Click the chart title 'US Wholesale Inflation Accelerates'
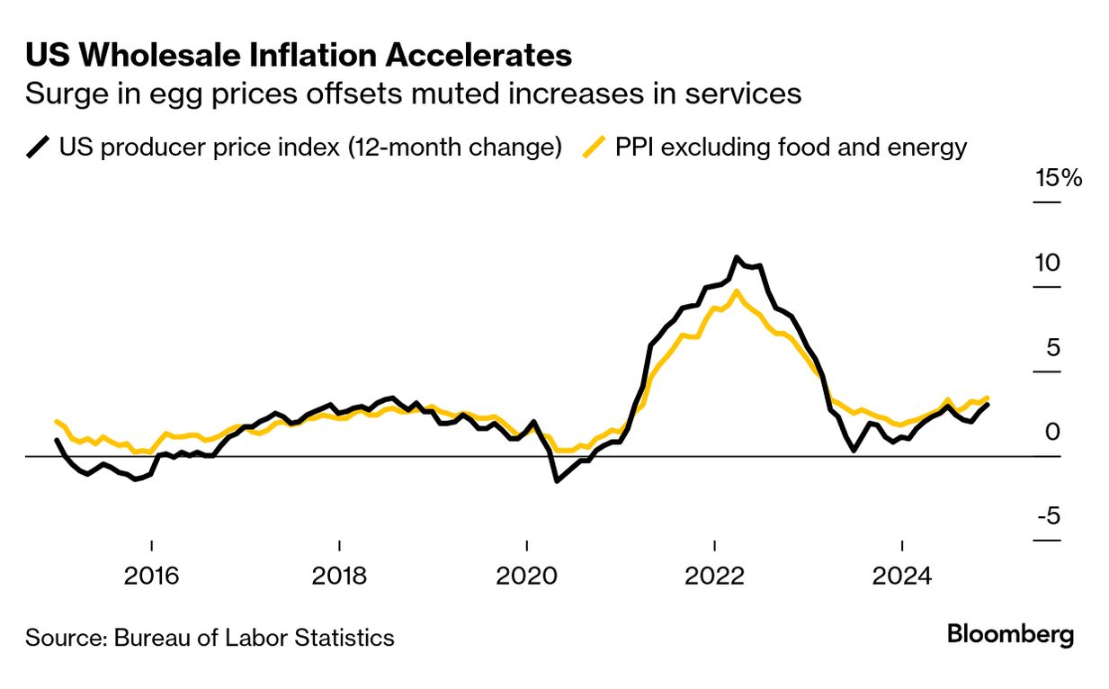point(298,55)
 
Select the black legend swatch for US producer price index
point(38,146)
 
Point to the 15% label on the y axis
point(1058,177)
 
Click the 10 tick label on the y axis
point(1047,263)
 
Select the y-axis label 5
point(1052,347)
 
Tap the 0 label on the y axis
point(1052,432)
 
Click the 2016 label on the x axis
point(152,575)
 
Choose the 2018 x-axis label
point(339,575)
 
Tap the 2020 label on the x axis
point(526,575)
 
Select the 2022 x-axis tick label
point(713,575)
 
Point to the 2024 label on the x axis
point(901,575)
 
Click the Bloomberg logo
point(1010,634)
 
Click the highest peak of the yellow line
point(737,291)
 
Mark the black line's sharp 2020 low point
point(557,481)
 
